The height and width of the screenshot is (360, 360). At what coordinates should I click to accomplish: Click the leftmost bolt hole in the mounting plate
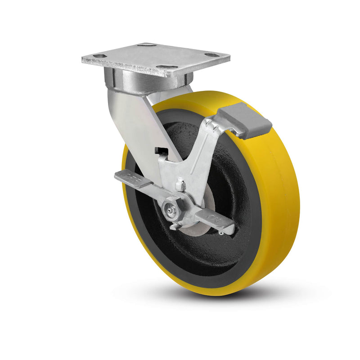[99, 56]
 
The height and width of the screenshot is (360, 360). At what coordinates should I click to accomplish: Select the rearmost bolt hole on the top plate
[146, 45]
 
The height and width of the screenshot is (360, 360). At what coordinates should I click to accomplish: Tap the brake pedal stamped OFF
[133, 178]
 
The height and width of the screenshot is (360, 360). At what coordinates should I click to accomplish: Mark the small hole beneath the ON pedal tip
[221, 233]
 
